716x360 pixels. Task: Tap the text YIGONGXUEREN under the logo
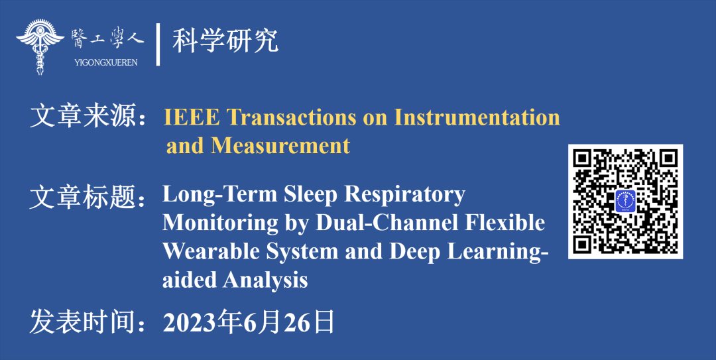tap(106, 62)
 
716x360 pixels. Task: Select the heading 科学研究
tap(225, 40)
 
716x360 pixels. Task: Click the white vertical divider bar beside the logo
tap(158, 44)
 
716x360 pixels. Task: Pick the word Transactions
tap(291, 117)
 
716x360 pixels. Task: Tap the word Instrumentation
tap(477, 117)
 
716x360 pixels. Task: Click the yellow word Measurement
tap(280, 146)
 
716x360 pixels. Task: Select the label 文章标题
tap(83, 198)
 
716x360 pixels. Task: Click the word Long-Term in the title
tap(220, 195)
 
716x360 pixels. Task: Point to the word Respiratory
tap(404, 196)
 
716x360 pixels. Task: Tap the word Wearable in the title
tap(211, 252)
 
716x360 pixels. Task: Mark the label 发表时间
tap(83, 322)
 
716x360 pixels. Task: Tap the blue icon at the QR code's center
tap(626, 202)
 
